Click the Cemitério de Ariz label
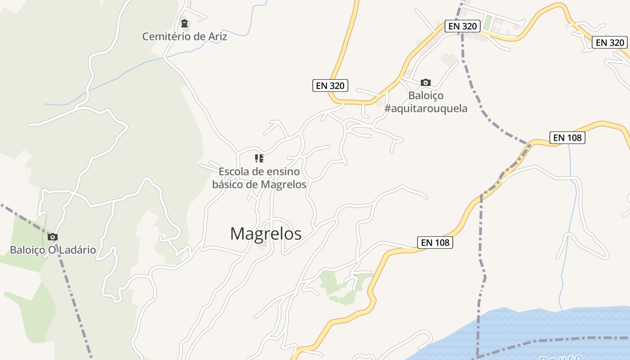[184, 36]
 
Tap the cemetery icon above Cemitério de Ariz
[184, 23]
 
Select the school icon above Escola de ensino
[259, 158]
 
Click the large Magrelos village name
[265, 234]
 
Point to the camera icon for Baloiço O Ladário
[53, 237]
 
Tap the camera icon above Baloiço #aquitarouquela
[425, 82]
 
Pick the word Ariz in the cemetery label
[217, 36]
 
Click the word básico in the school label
[229, 184]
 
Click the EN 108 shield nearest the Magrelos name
[435, 243]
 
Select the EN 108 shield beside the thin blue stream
[567, 138]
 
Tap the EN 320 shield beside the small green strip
[462, 26]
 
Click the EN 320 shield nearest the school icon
[330, 85]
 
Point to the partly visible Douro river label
[560, 357]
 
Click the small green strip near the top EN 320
[488, 22]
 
